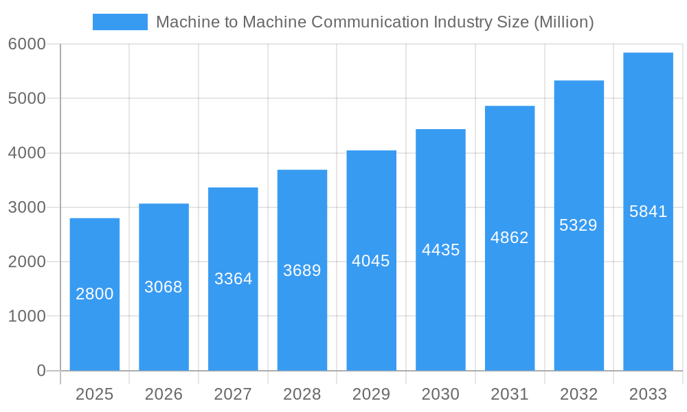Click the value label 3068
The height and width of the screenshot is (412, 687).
point(164,287)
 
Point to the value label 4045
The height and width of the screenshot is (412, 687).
point(371,261)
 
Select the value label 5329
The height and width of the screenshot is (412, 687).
point(578,225)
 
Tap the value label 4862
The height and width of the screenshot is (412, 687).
point(510,238)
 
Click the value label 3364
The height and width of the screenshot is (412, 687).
point(234,279)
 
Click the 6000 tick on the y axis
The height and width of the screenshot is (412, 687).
point(27,44)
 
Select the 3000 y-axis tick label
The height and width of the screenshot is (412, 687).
point(27,207)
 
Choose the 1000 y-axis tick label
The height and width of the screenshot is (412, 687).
point(27,317)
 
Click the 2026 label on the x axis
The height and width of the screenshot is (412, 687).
point(164,394)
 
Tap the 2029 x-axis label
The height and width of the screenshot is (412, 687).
point(371,394)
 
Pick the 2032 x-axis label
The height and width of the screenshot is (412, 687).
point(578,394)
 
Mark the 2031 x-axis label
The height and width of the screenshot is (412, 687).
point(510,394)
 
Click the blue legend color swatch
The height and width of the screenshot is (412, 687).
point(120,22)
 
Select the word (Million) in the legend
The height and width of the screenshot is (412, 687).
point(563,22)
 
